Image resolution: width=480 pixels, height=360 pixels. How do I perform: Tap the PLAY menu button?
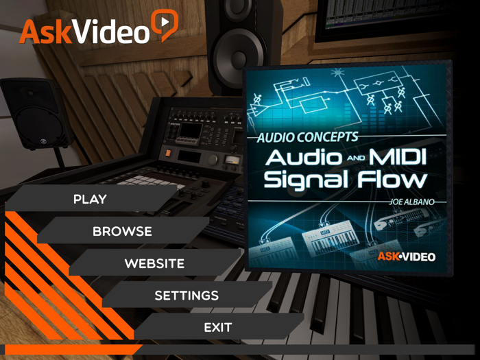(x=90, y=199)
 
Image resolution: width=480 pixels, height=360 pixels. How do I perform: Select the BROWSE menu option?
(x=122, y=231)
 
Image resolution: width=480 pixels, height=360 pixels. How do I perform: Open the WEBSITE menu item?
(x=154, y=263)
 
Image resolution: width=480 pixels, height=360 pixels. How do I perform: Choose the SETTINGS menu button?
(x=186, y=296)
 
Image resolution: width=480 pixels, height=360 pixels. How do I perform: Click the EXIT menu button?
(x=218, y=328)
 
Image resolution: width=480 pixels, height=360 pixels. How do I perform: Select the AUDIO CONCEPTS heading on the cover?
(x=307, y=137)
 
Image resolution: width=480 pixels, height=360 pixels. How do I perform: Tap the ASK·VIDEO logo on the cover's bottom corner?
(x=406, y=256)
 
